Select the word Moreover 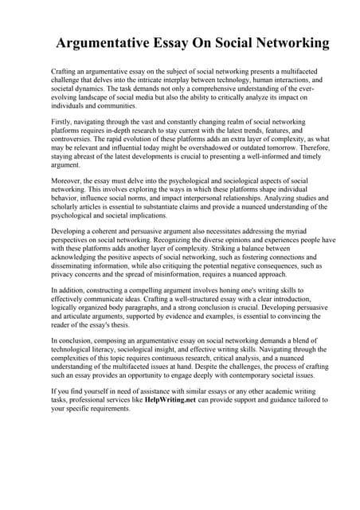[x=68, y=181]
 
